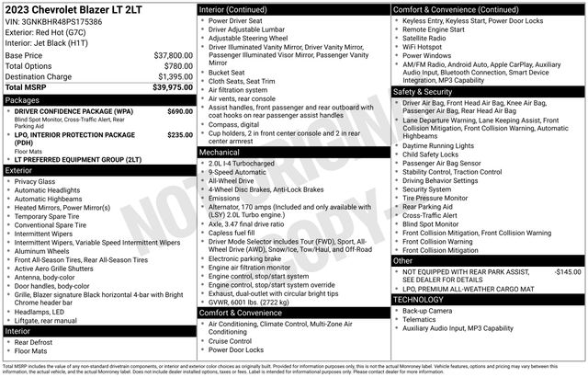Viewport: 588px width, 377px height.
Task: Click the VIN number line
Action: coord(52,21)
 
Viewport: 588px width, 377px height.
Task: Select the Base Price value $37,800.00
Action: coord(173,55)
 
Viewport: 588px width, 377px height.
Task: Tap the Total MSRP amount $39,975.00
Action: coord(171,86)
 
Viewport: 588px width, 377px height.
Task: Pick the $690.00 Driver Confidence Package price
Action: coord(179,111)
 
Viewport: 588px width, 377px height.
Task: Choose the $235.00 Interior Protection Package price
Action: coord(179,134)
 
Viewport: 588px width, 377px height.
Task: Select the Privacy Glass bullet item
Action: coord(36,181)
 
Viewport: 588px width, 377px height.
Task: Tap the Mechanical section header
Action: coord(220,153)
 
